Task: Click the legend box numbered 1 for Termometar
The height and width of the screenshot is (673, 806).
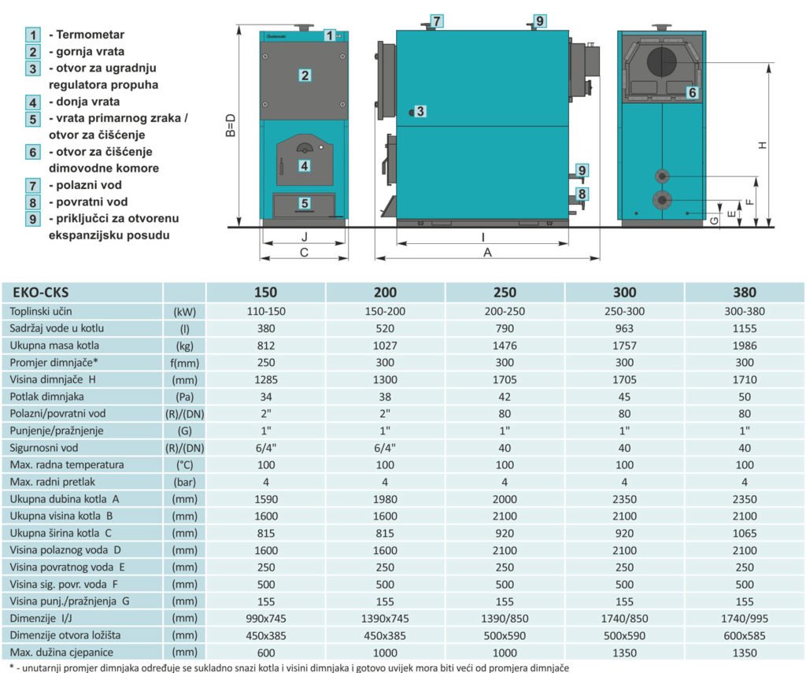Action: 33,35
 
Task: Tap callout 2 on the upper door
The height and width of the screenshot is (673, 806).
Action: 305,76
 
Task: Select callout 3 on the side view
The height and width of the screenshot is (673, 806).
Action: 420,111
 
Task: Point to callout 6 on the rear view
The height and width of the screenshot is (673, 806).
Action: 693,93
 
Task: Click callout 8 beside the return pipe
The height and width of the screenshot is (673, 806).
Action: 582,194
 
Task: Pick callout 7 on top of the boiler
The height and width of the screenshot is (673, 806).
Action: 436,21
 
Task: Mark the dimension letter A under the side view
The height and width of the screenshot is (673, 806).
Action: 487,253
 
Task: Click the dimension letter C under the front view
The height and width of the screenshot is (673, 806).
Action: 304,253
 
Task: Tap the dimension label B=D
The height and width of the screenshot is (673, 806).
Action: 231,125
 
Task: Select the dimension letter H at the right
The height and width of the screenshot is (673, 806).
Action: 763,146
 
